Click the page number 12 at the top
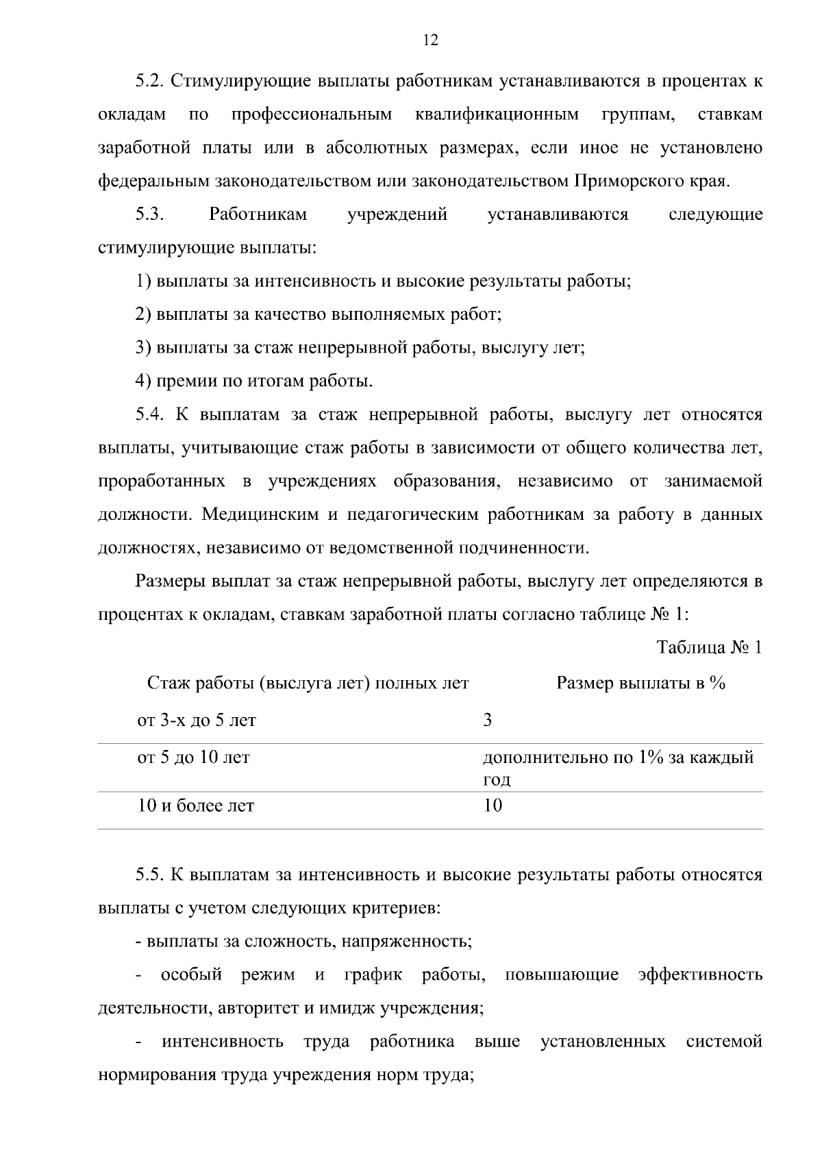tap(430, 40)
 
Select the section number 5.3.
tap(148, 214)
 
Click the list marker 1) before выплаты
tap(142, 282)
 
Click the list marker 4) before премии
tap(142, 382)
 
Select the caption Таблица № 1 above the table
tap(709, 647)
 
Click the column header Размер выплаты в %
tap(640, 683)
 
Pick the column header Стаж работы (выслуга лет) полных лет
tap(308, 683)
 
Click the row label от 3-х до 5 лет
tap(197, 721)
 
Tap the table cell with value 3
tap(488, 721)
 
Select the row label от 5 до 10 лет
tap(194, 758)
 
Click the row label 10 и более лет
tap(196, 805)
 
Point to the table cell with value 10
tap(493, 805)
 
